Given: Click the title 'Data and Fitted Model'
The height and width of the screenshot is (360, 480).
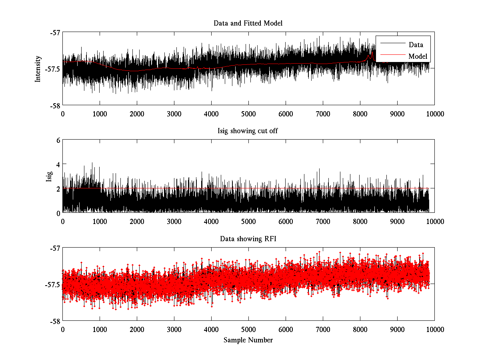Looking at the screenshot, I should (248, 23).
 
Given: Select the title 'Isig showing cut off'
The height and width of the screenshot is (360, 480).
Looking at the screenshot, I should (248, 131).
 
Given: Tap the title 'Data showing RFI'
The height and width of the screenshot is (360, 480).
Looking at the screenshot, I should (248, 239).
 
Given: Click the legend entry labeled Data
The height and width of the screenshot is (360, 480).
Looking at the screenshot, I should (416, 45).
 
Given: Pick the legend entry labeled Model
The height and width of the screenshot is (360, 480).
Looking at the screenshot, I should (418, 56).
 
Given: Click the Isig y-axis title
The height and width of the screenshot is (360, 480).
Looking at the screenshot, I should (49, 176).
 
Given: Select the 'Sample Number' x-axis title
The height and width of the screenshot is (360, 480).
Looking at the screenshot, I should (248, 340).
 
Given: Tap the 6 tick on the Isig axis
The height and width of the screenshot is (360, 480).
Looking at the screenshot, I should (58, 140).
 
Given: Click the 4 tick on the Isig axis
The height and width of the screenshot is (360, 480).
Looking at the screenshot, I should (58, 164).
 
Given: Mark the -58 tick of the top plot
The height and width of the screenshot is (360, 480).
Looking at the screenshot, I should (55, 106).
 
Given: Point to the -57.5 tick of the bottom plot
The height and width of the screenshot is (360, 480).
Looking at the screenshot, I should (53, 284).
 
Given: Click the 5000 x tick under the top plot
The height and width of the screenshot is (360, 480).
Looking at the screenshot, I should (248, 114).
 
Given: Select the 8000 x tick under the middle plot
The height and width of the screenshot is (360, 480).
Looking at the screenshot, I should (360, 221).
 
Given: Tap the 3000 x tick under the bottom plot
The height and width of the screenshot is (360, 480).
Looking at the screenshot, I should (174, 329).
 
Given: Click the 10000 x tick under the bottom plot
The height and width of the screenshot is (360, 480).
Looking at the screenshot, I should (434, 329).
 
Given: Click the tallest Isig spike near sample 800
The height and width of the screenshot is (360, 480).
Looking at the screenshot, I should (92, 163).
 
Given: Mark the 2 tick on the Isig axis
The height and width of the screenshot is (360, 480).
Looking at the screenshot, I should (58, 188).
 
